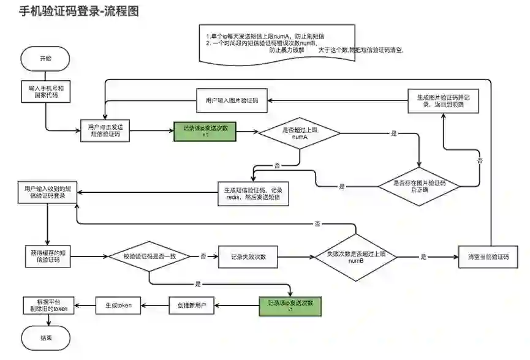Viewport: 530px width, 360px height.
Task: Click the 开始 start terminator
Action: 46,59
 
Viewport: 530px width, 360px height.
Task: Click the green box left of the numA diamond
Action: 205,130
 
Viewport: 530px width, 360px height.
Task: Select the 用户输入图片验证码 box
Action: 232,102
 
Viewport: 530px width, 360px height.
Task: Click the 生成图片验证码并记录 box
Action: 444,101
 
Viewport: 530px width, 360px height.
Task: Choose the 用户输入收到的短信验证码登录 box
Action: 46,193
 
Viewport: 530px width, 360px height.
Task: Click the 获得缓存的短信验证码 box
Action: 46,257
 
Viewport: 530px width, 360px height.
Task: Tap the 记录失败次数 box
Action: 248,257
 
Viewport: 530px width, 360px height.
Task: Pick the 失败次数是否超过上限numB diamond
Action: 356,257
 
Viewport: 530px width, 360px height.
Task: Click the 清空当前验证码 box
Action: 488,257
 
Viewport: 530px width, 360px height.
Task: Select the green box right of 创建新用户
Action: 290,305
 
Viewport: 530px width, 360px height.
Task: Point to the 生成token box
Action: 118,305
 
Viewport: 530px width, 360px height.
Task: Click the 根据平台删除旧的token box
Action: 46,305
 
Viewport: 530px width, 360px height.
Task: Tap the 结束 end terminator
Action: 46,337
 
